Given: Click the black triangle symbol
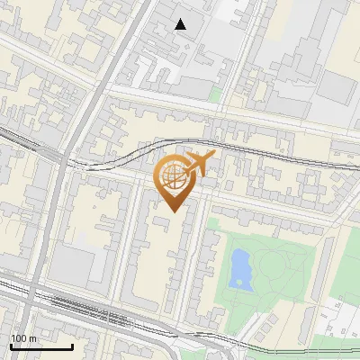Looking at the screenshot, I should pyautogui.click(x=181, y=24).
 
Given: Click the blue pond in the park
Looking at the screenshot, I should pyautogui.click(x=240, y=268).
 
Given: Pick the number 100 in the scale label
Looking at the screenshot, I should pyautogui.click(x=18, y=338).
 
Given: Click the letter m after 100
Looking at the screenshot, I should pyautogui.click(x=31, y=338).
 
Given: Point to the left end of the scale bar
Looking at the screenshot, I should pyautogui.click(x=10, y=346).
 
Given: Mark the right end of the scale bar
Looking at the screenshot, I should pyautogui.click(x=72, y=346).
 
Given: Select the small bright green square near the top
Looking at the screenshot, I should pyautogui.click(x=215, y=93).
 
